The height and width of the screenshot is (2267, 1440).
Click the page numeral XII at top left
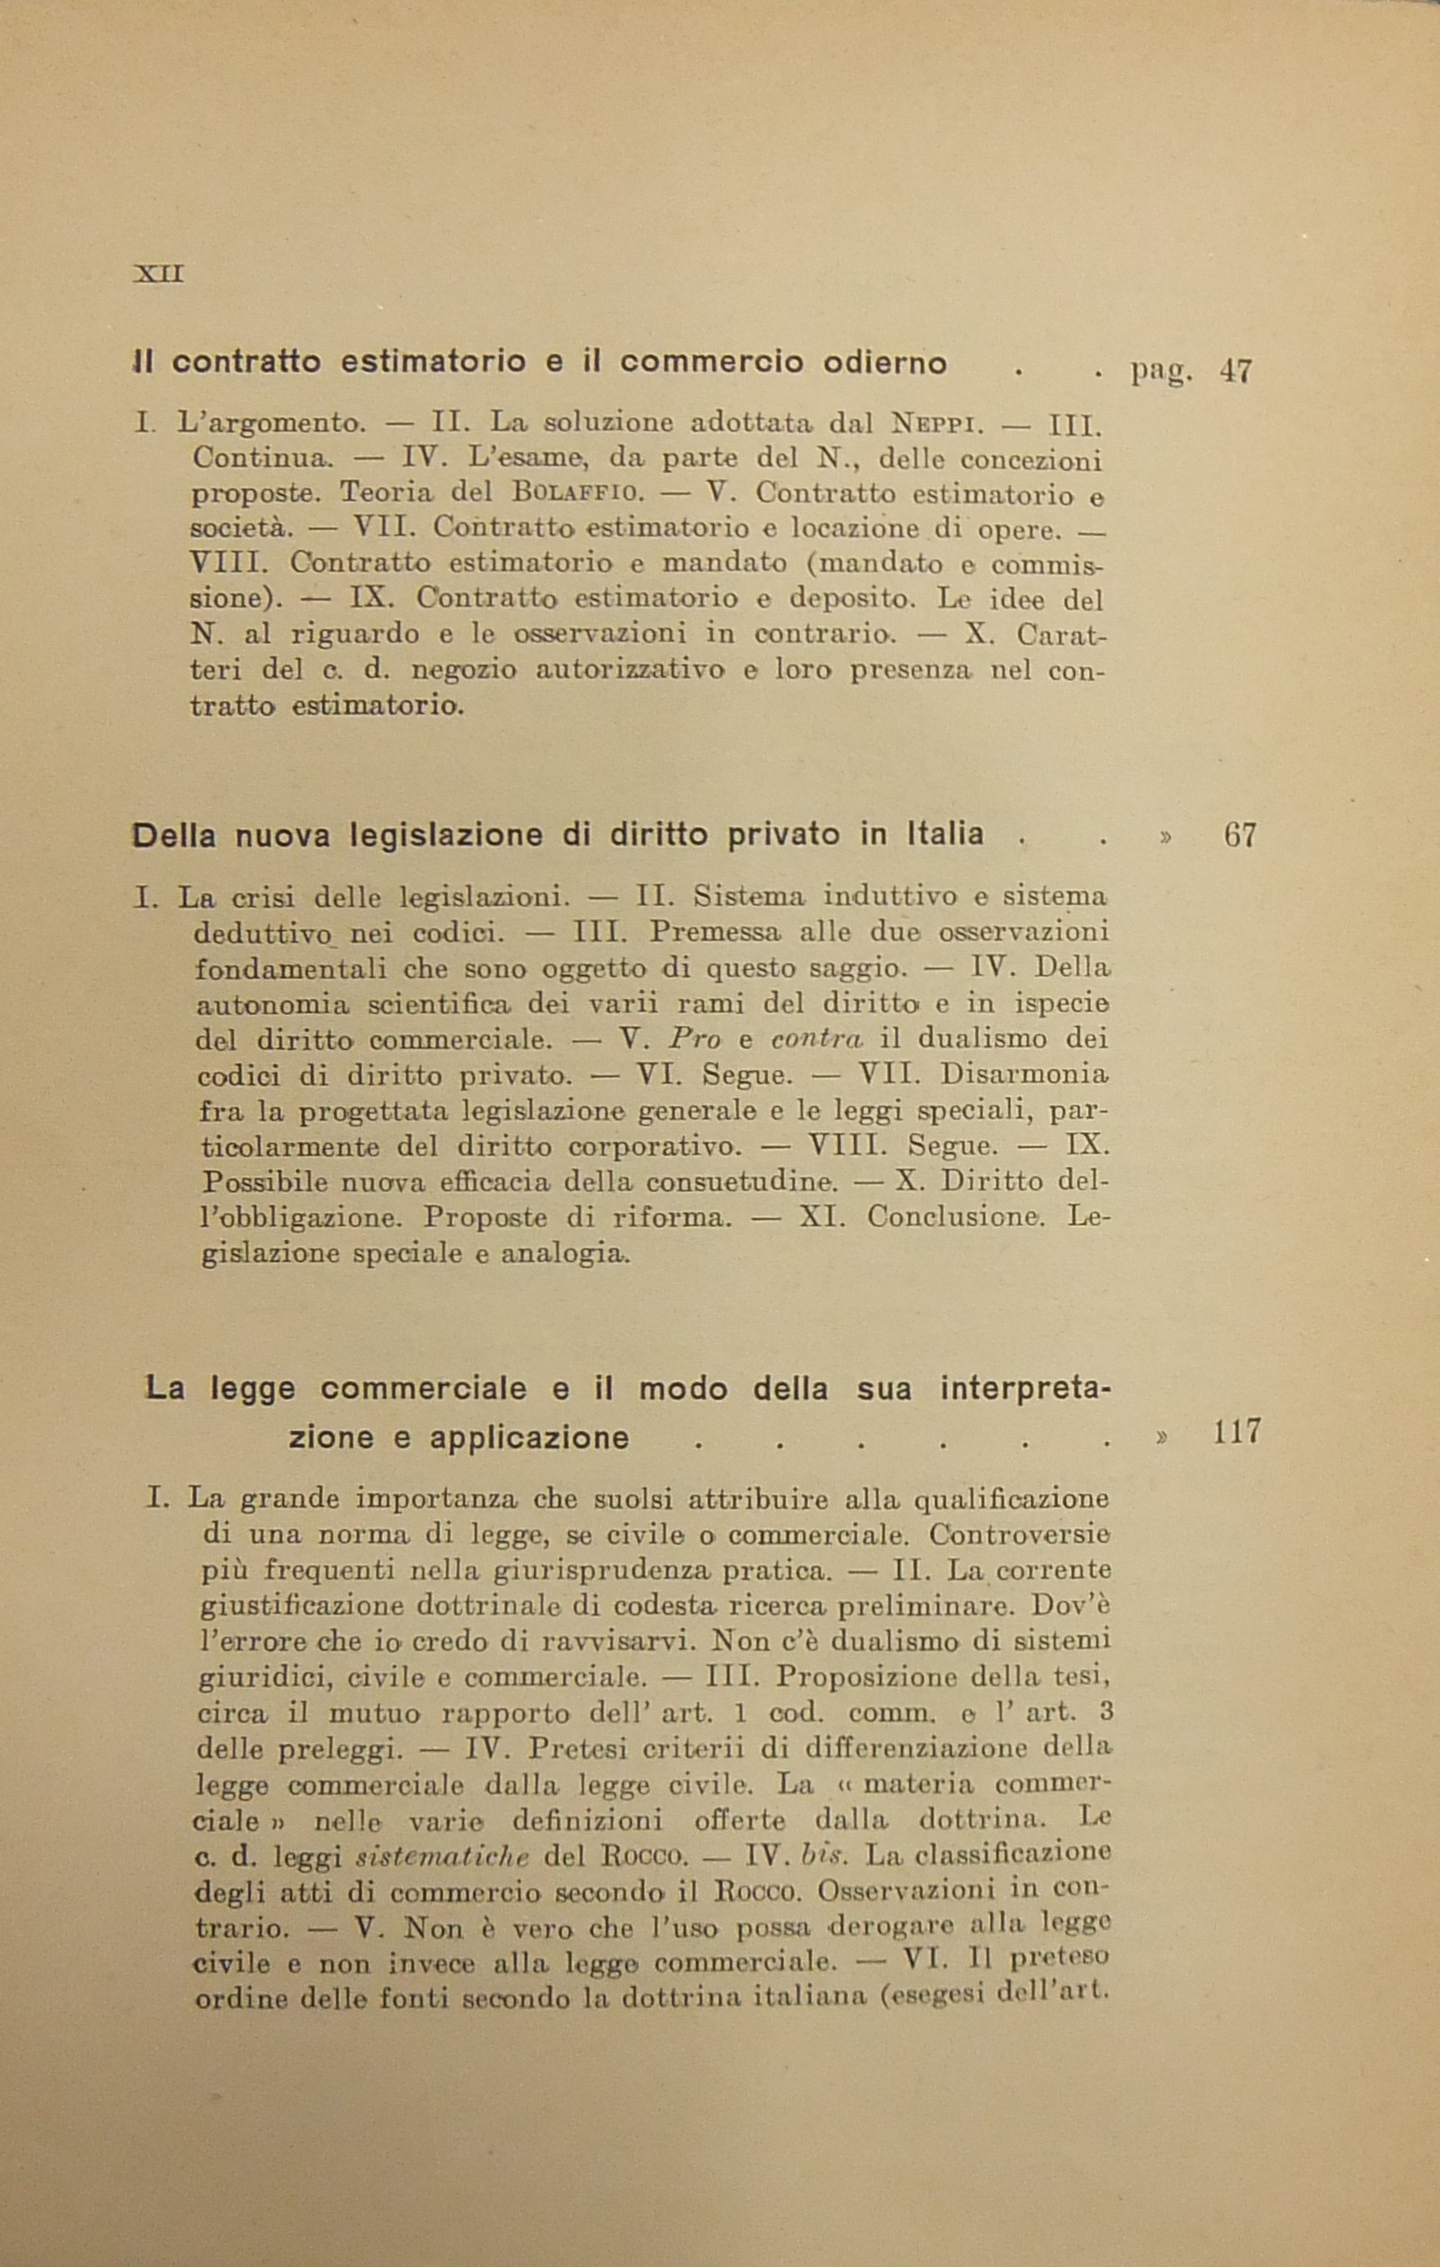159,275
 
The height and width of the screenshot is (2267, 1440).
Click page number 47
1236,370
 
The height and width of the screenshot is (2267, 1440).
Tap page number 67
1240,835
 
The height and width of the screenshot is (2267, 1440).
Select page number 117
1236,1432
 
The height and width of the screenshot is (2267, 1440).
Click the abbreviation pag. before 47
1160,373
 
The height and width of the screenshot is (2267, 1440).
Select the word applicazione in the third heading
529,1437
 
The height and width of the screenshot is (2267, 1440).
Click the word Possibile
262,1181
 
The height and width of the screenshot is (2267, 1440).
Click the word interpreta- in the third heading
1026,1389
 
